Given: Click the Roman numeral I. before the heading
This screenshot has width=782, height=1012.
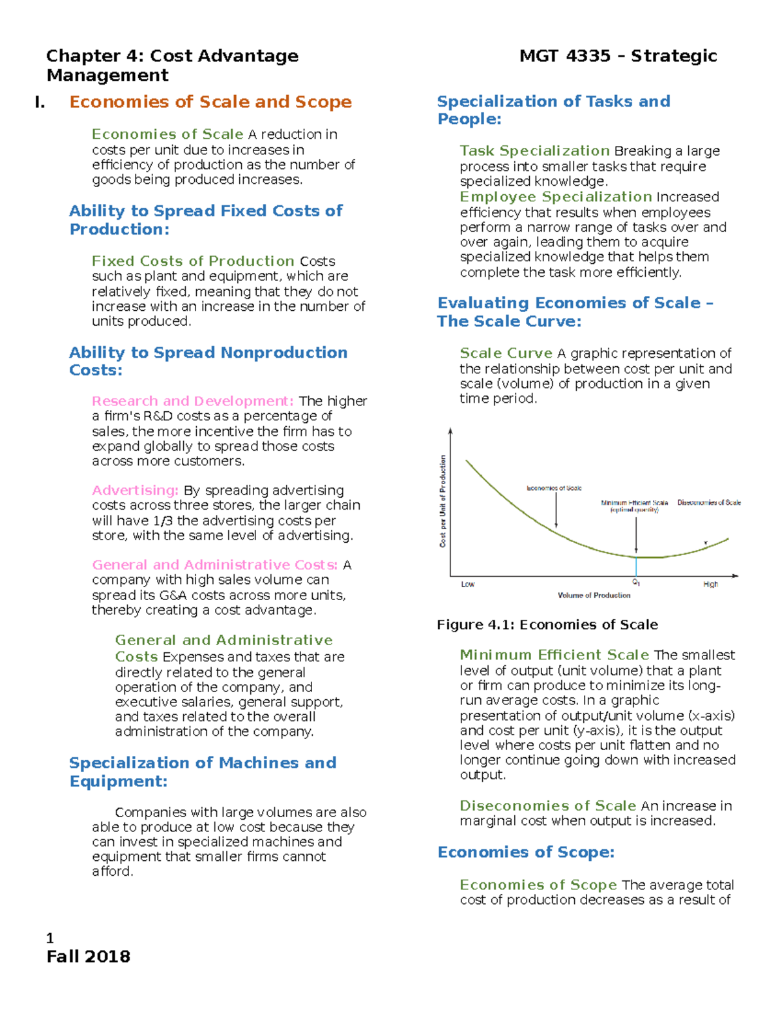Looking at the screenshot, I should click(40, 102).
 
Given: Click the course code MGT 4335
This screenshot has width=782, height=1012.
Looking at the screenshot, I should click(564, 56).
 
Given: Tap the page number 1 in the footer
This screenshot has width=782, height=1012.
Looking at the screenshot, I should click(50, 938).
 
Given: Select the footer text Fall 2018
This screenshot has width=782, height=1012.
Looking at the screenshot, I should click(88, 957).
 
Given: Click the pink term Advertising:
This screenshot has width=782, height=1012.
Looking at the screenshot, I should click(135, 490).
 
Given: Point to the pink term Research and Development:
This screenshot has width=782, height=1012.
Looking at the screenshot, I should click(192, 401).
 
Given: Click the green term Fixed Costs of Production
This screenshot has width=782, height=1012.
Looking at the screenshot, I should click(193, 261).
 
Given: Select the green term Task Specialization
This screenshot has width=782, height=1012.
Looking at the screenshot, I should click(534, 151).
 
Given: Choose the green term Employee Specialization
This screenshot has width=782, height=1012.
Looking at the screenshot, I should click(555, 197).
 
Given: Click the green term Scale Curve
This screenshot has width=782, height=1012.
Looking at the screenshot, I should click(506, 353).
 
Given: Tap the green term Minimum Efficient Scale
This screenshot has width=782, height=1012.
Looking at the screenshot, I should click(554, 655).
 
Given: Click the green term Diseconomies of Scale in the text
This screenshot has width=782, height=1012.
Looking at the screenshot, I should click(547, 806).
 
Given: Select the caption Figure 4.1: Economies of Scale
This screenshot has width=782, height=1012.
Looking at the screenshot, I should click(547, 624).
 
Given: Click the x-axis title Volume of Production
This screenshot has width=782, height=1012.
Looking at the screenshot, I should click(594, 595).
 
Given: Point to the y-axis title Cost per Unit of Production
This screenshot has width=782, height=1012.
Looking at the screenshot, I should click(443, 501).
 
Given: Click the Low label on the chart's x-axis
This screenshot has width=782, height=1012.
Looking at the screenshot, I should click(467, 585).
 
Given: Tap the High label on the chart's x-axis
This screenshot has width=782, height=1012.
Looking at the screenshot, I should click(710, 585).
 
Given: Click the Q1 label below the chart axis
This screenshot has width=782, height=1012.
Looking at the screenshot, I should click(636, 583).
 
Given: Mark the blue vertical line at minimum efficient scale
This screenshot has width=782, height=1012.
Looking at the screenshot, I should click(636, 566).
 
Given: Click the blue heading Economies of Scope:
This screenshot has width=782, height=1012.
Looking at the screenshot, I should click(526, 852).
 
